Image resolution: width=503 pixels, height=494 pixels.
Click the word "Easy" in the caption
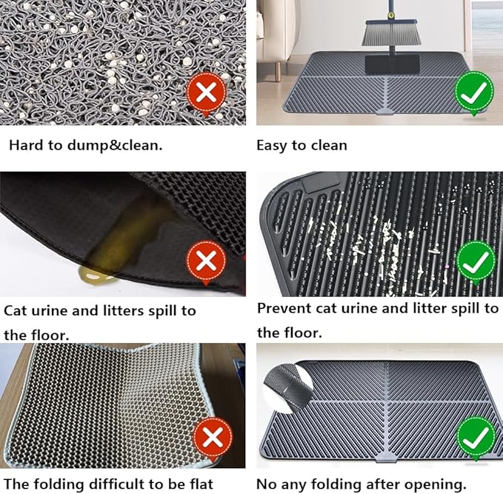tap(272, 145)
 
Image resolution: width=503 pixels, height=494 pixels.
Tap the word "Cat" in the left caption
tap(16, 310)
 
